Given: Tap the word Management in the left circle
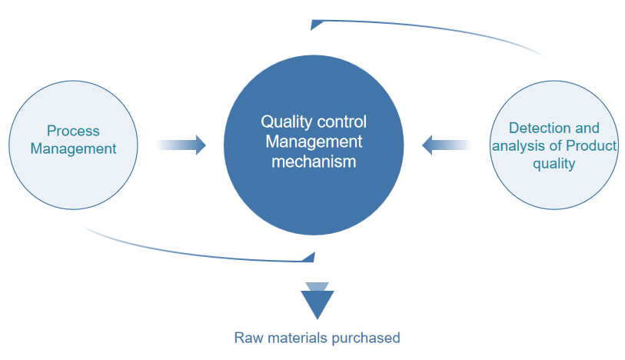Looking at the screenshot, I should pyautogui.click(x=73, y=148).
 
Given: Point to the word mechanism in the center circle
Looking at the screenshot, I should pyautogui.click(x=314, y=162).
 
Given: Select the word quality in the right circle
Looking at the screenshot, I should pyautogui.click(x=554, y=163).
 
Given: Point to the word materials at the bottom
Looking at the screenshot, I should pyautogui.click(x=298, y=337).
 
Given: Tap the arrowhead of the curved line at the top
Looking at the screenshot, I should pyautogui.click(x=315, y=25).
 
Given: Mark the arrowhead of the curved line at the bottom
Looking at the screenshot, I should pyautogui.click(x=310, y=255).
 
